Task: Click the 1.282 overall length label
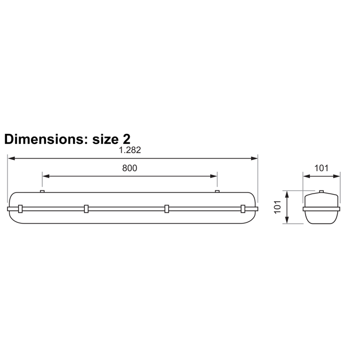[130, 150]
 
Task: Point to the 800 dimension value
[130, 168]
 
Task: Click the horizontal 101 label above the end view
[321, 168]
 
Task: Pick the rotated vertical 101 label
[277, 207]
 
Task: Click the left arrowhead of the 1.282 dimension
[10, 158]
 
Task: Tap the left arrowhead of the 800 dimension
[45, 175]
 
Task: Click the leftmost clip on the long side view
[20, 209]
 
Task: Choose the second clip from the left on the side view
[86, 209]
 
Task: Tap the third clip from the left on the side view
[166, 209]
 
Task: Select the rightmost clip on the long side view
[243, 209]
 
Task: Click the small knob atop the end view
[321, 191]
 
